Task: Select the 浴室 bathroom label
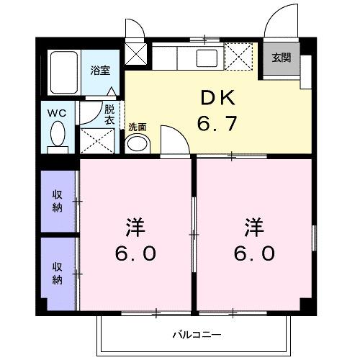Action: coord(99,70)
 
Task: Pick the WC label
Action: coord(57,113)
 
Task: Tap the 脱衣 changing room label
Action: coord(109,115)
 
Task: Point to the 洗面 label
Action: coord(138,127)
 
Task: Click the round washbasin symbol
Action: coord(137,143)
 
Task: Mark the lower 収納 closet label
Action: coord(57,271)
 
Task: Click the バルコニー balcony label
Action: coord(196,334)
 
